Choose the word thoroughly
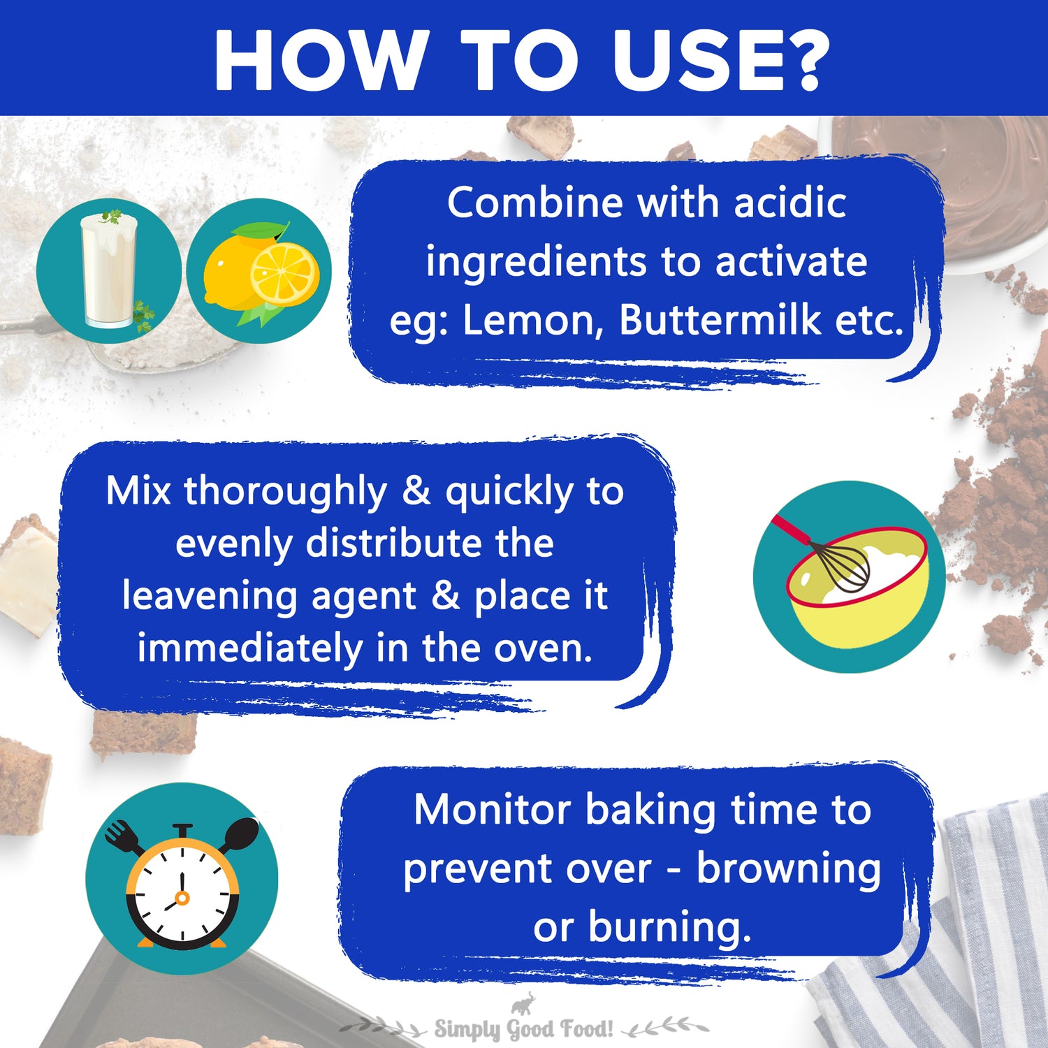point(285,492)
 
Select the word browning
point(788,870)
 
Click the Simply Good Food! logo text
point(524,1029)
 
